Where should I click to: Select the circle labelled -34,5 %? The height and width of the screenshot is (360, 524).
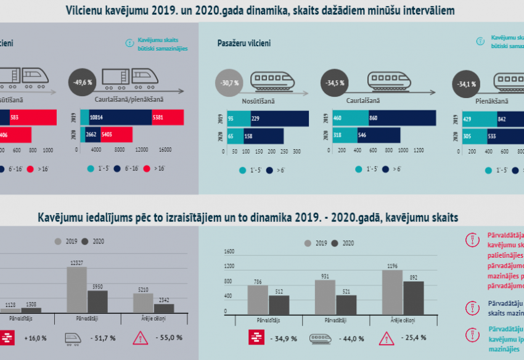[335, 82]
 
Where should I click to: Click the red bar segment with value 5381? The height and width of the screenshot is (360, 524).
[168, 117]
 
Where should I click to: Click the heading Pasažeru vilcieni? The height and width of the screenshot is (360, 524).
[244, 43]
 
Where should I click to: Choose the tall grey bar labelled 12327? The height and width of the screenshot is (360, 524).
[76, 289]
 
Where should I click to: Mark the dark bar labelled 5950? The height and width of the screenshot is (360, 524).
[98, 301]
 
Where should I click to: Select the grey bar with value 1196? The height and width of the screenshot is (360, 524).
[393, 292]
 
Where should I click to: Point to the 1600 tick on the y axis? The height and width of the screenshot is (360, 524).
[228, 252]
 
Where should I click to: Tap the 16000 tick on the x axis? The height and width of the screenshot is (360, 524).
[165, 150]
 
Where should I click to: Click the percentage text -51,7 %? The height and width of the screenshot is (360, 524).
[100, 338]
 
